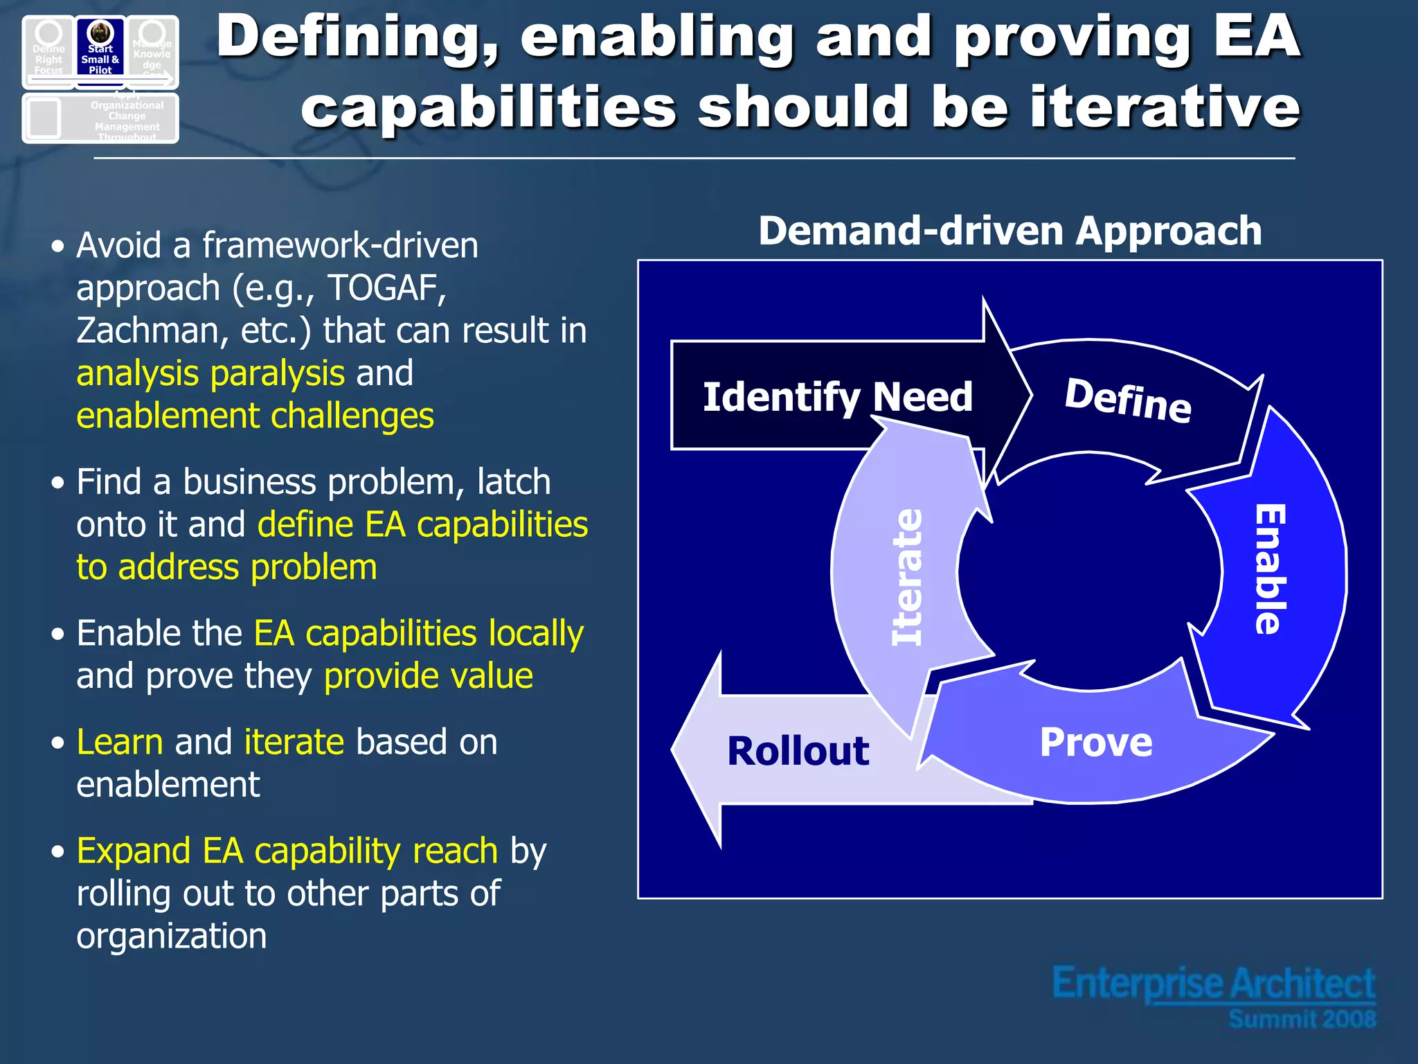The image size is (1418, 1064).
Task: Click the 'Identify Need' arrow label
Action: pos(837,397)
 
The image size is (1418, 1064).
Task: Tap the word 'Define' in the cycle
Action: pos(1128,400)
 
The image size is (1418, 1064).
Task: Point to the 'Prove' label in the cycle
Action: pos(1096,743)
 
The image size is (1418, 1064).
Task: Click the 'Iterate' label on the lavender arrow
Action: pos(908,577)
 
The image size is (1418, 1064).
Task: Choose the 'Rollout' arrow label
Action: pos(798,751)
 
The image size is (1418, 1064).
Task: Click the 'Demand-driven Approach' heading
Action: pos(1009,231)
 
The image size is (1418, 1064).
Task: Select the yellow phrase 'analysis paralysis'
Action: pos(210,373)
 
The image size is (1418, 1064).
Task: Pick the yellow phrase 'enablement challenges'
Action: pos(255,416)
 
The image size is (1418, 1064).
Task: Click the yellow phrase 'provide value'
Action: pos(428,676)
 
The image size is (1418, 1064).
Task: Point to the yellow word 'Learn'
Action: pos(119,742)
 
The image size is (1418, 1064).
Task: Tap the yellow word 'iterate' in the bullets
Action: pos(294,742)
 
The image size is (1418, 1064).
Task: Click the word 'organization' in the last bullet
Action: pos(171,936)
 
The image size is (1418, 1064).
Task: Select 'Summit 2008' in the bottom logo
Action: pos(1302,1019)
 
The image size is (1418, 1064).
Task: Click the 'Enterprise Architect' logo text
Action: pos(1213,984)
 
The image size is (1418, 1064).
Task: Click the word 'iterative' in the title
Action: pos(1165,108)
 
